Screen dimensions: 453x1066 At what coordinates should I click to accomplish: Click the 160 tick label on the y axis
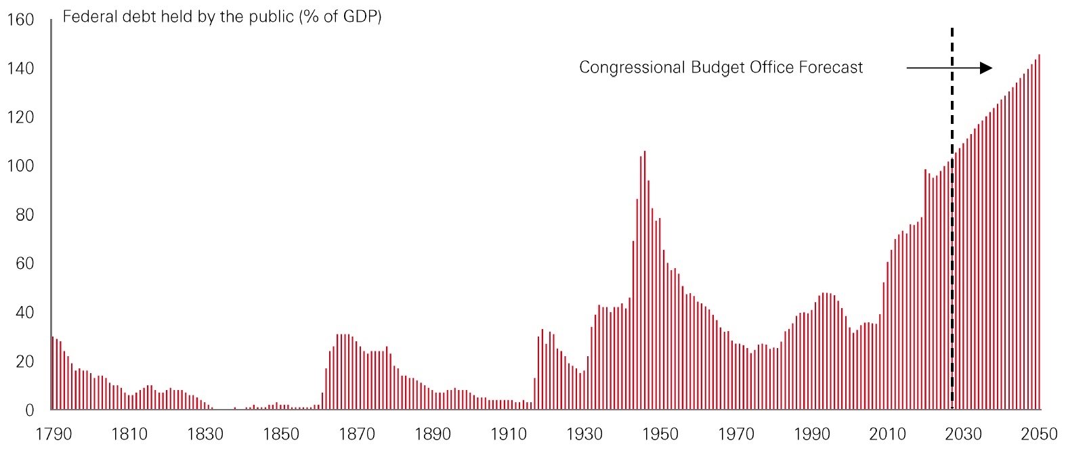coord(20,20)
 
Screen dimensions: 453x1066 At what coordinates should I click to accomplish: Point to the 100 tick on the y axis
coord(20,166)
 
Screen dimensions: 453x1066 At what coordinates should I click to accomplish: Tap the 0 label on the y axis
coord(29,410)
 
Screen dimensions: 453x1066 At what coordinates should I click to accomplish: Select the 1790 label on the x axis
coord(54,434)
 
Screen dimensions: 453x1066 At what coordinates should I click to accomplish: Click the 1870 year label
coord(357,434)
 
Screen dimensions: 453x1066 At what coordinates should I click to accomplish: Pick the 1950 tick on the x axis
coord(660,434)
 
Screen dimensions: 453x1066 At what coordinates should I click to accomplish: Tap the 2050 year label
coord(1039,434)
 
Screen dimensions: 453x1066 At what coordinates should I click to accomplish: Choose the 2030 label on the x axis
coord(963,434)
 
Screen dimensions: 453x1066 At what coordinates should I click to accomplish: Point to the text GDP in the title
coord(358,16)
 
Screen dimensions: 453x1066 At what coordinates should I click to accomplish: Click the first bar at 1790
coord(53,373)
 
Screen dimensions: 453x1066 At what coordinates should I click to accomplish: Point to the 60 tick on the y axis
coord(24,263)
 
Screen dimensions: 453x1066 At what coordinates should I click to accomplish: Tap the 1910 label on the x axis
coord(509,434)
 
